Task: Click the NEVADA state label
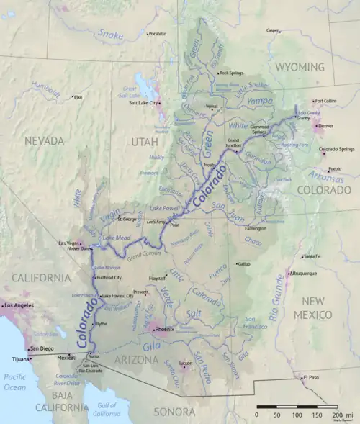click(45, 142)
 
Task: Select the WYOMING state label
click(300, 67)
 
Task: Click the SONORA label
click(175, 412)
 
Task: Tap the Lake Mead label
click(116, 238)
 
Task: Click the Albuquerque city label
click(302, 274)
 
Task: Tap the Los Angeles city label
click(19, 306)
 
